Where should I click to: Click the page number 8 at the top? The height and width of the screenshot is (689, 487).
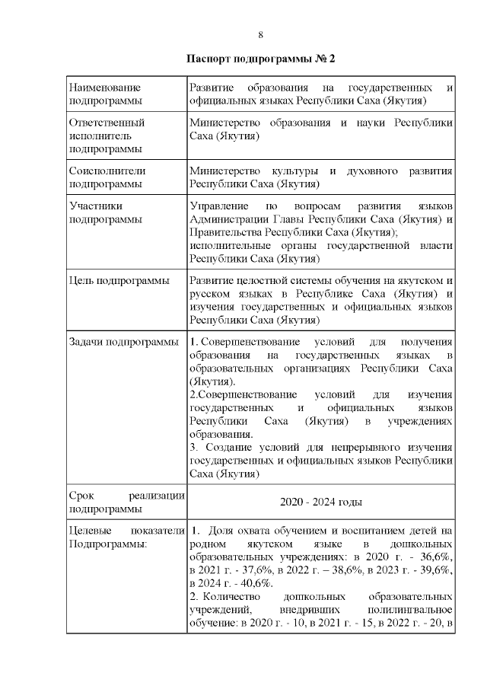click(261, 35)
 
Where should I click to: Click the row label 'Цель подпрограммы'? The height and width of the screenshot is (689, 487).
click(119, 282)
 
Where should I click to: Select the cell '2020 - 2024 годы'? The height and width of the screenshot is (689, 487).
click(321, 502)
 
